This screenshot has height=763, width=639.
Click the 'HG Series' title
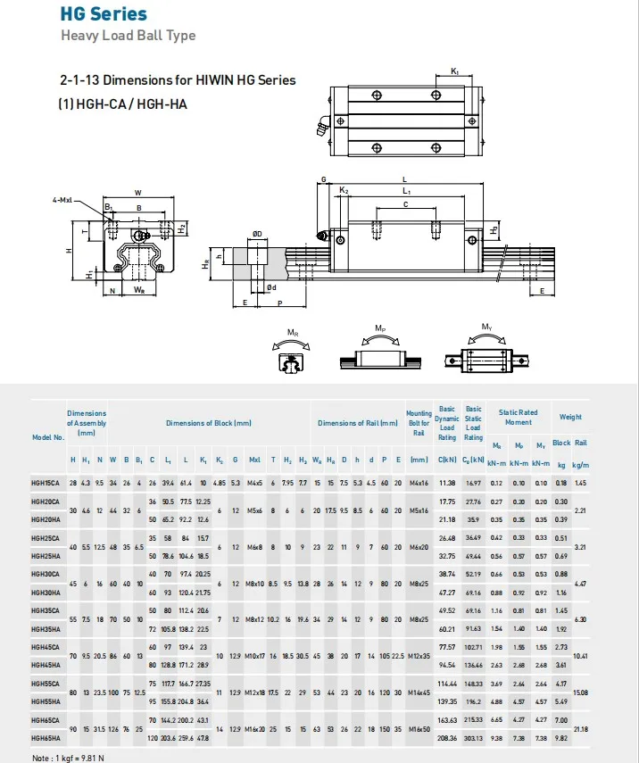(x=104, y=14)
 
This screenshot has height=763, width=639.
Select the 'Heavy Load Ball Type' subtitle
(x=128, y=36)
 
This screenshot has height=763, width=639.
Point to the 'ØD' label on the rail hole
(x=257, y=234)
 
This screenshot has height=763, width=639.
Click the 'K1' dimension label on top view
(x=455, y=70)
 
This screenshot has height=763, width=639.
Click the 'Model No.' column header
(x=47, y=437)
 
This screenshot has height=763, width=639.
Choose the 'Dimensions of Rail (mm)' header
(x=358, y=423)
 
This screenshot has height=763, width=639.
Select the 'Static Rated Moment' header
(x=518, y=417)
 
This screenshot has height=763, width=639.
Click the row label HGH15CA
(x=45, y=483)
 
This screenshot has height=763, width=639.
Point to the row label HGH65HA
(x=45, y=738)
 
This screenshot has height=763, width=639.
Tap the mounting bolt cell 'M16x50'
(x=419, y=728)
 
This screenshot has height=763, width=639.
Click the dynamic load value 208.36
(x=447, y=738)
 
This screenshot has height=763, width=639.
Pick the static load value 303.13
(x=473, y=738)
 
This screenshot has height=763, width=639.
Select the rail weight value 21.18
(x=581, y=728)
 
